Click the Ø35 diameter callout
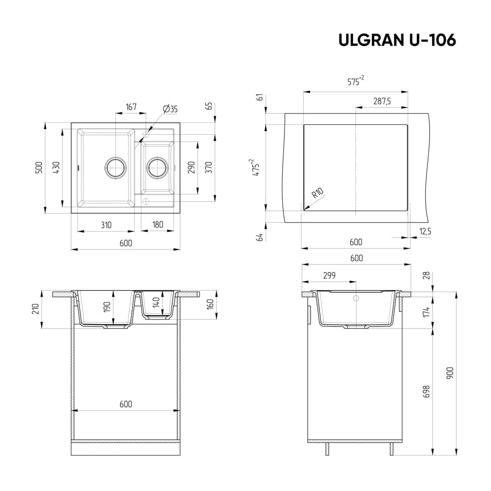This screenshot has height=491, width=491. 170,109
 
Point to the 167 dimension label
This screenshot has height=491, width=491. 131,107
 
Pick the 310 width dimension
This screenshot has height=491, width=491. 106,225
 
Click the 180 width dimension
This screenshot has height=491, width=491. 158,225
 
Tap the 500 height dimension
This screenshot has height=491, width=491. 39,168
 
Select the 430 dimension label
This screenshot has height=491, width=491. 56,168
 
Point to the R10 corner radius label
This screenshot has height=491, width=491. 318,193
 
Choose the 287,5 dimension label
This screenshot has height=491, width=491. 382,101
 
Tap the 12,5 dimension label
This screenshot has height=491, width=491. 425,232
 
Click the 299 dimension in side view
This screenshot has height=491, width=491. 329,276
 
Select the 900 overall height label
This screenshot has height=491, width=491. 450,372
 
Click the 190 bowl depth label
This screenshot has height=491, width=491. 107,307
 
